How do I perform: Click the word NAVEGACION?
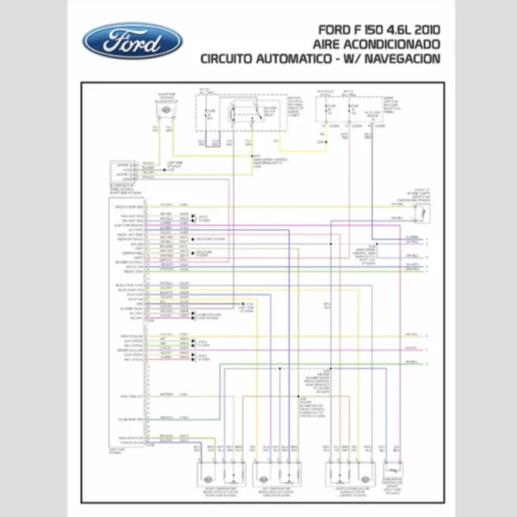coord(408,59)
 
